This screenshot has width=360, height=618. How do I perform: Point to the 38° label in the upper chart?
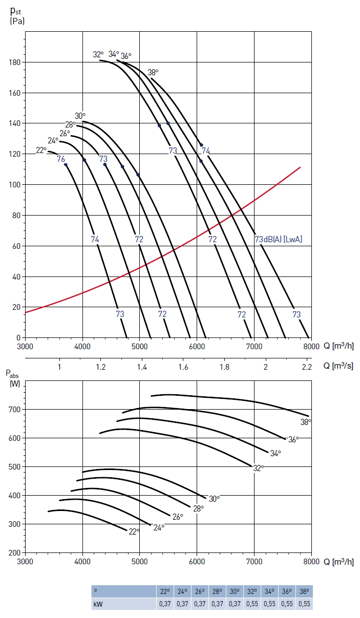click(153, 72)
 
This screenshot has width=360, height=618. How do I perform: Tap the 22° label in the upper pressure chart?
click(41, 150)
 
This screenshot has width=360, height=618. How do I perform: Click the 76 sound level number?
click(61, 159)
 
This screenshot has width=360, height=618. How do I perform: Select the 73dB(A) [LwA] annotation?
click(276, 239)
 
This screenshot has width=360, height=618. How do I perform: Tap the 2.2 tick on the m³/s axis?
click(307, 367)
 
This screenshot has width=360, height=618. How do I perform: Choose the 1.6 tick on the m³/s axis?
click(183, 367)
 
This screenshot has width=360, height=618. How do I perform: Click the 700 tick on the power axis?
click(14, 410)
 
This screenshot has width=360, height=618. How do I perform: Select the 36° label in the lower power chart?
click(293, 439)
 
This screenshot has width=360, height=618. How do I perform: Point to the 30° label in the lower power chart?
click(214, 498)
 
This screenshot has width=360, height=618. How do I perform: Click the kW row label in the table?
click(97, 604)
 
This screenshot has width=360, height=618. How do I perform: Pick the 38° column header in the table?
click(305, 591)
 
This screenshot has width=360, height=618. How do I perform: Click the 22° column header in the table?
click(165, 591)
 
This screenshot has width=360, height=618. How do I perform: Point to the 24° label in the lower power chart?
click(159, 527)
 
